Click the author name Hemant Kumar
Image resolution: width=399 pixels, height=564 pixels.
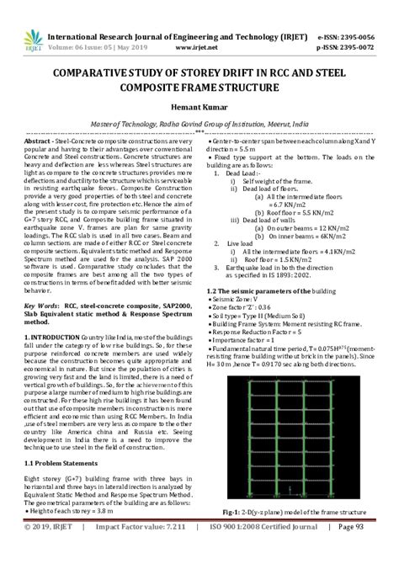[199, 108]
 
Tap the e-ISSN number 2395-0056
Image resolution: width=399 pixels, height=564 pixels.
[371, 37]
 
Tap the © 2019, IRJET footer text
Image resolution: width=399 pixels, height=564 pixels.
[51, 551]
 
